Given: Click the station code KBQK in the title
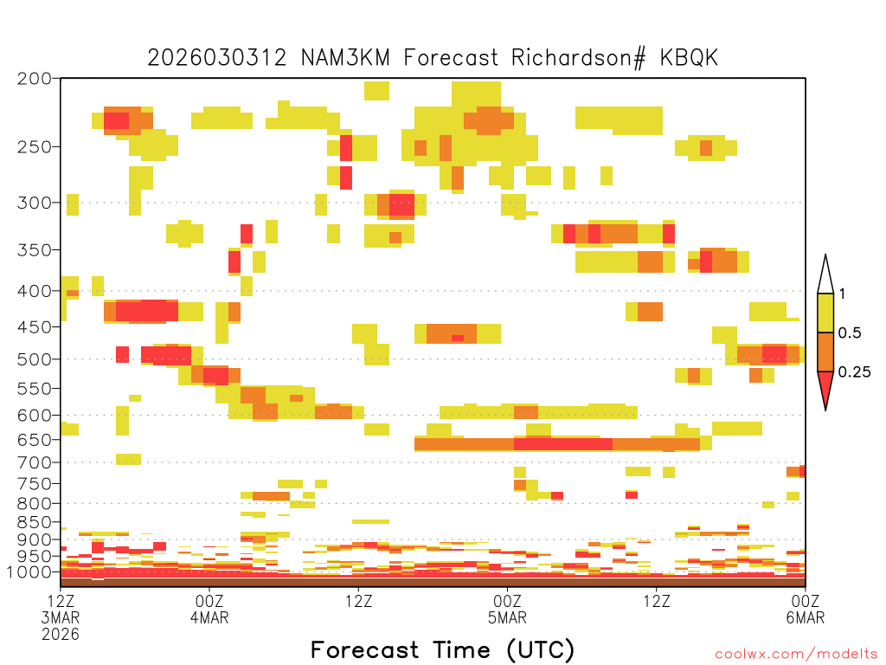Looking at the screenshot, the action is pyautogui.click(x=689, y=58).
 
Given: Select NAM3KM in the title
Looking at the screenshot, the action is pyautogui.click(x=345, y=58).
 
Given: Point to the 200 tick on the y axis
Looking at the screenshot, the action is pyautogui.click(x=34, y=79).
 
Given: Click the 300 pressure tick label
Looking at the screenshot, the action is pyautogui.click(x=34, y=203).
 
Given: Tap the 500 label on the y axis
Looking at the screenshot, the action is pyautogui.click(x=34, y=359).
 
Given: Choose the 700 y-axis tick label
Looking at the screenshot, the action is pyautogui.click(x=34, y=462).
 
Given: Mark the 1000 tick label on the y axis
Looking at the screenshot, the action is pyautogui.click(x=29, y=572).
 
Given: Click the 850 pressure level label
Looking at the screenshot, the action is pyautogui.click(x=34, y=522).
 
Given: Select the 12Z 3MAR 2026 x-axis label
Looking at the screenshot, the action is pyautogui.click(x=61, y=617).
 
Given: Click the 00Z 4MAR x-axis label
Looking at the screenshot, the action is pyautogui.click(x=209, y=609).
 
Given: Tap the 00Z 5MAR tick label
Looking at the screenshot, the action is pyautogui.click(x=507, y=609).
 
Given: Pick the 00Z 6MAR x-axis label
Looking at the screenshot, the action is pyautogui.click(x=806, y=609).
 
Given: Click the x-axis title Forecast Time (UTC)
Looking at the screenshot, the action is pyautogui.click(x=442, y=650).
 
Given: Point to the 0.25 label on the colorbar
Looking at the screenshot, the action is pyautogui.click(x=854, y=372).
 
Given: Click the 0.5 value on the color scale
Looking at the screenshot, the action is pyautogui.click(x=850, y=332).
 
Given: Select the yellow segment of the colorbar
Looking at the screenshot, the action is pyautogui.click(x=825, y=313).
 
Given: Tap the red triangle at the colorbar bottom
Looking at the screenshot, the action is pyautogui.click(x=825, y=387).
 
